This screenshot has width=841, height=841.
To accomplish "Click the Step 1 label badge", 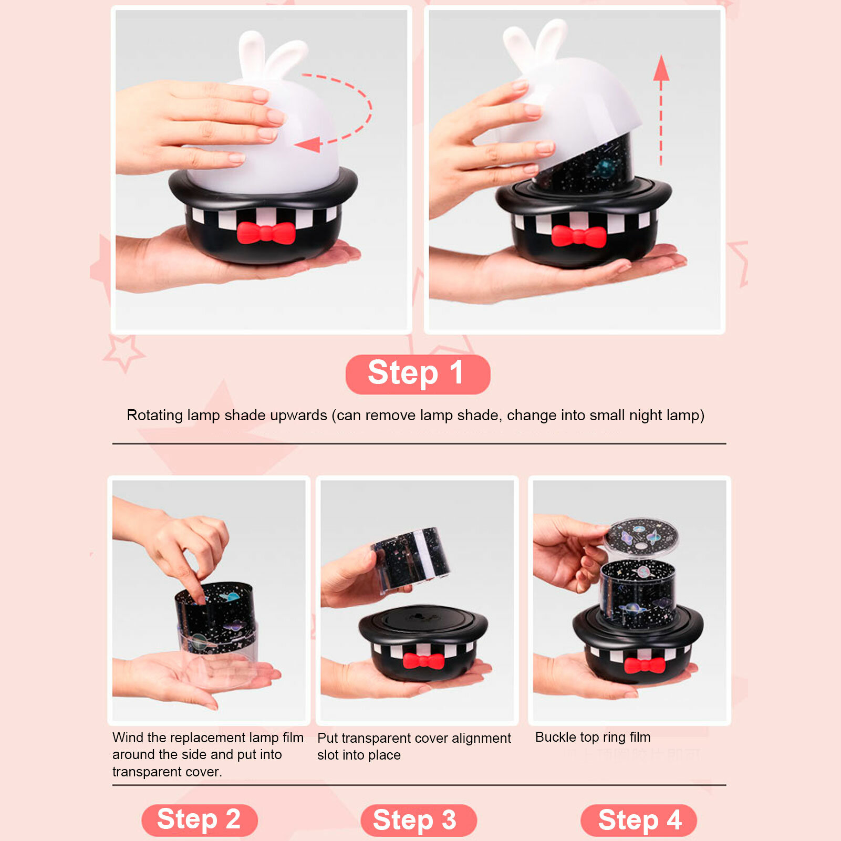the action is pos(418,374).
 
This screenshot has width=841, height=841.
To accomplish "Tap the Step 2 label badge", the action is pos(200,819).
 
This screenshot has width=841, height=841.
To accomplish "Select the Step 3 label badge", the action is pos(418,820).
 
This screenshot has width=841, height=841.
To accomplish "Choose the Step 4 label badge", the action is pos(639,820).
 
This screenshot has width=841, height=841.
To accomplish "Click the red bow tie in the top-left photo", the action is pos(266,233).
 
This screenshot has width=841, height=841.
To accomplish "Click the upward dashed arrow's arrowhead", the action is pos(661,68).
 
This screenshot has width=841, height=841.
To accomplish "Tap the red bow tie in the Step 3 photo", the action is pos(423,661).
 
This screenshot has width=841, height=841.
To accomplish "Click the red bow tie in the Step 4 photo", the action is pos(645,665).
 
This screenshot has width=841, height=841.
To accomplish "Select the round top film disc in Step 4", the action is pos(641,536).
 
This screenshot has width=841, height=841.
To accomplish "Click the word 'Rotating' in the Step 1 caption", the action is pos(155,416).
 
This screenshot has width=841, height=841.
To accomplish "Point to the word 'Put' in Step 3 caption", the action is pos(327,738).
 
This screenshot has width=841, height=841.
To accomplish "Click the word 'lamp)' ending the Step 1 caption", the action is pos(685,416).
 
